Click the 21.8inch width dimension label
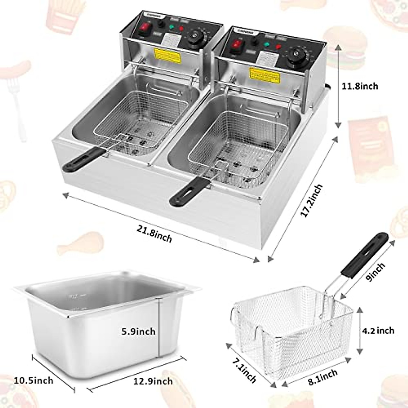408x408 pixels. [x=154, y=234]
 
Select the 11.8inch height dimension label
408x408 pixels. [x=360, y=86]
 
